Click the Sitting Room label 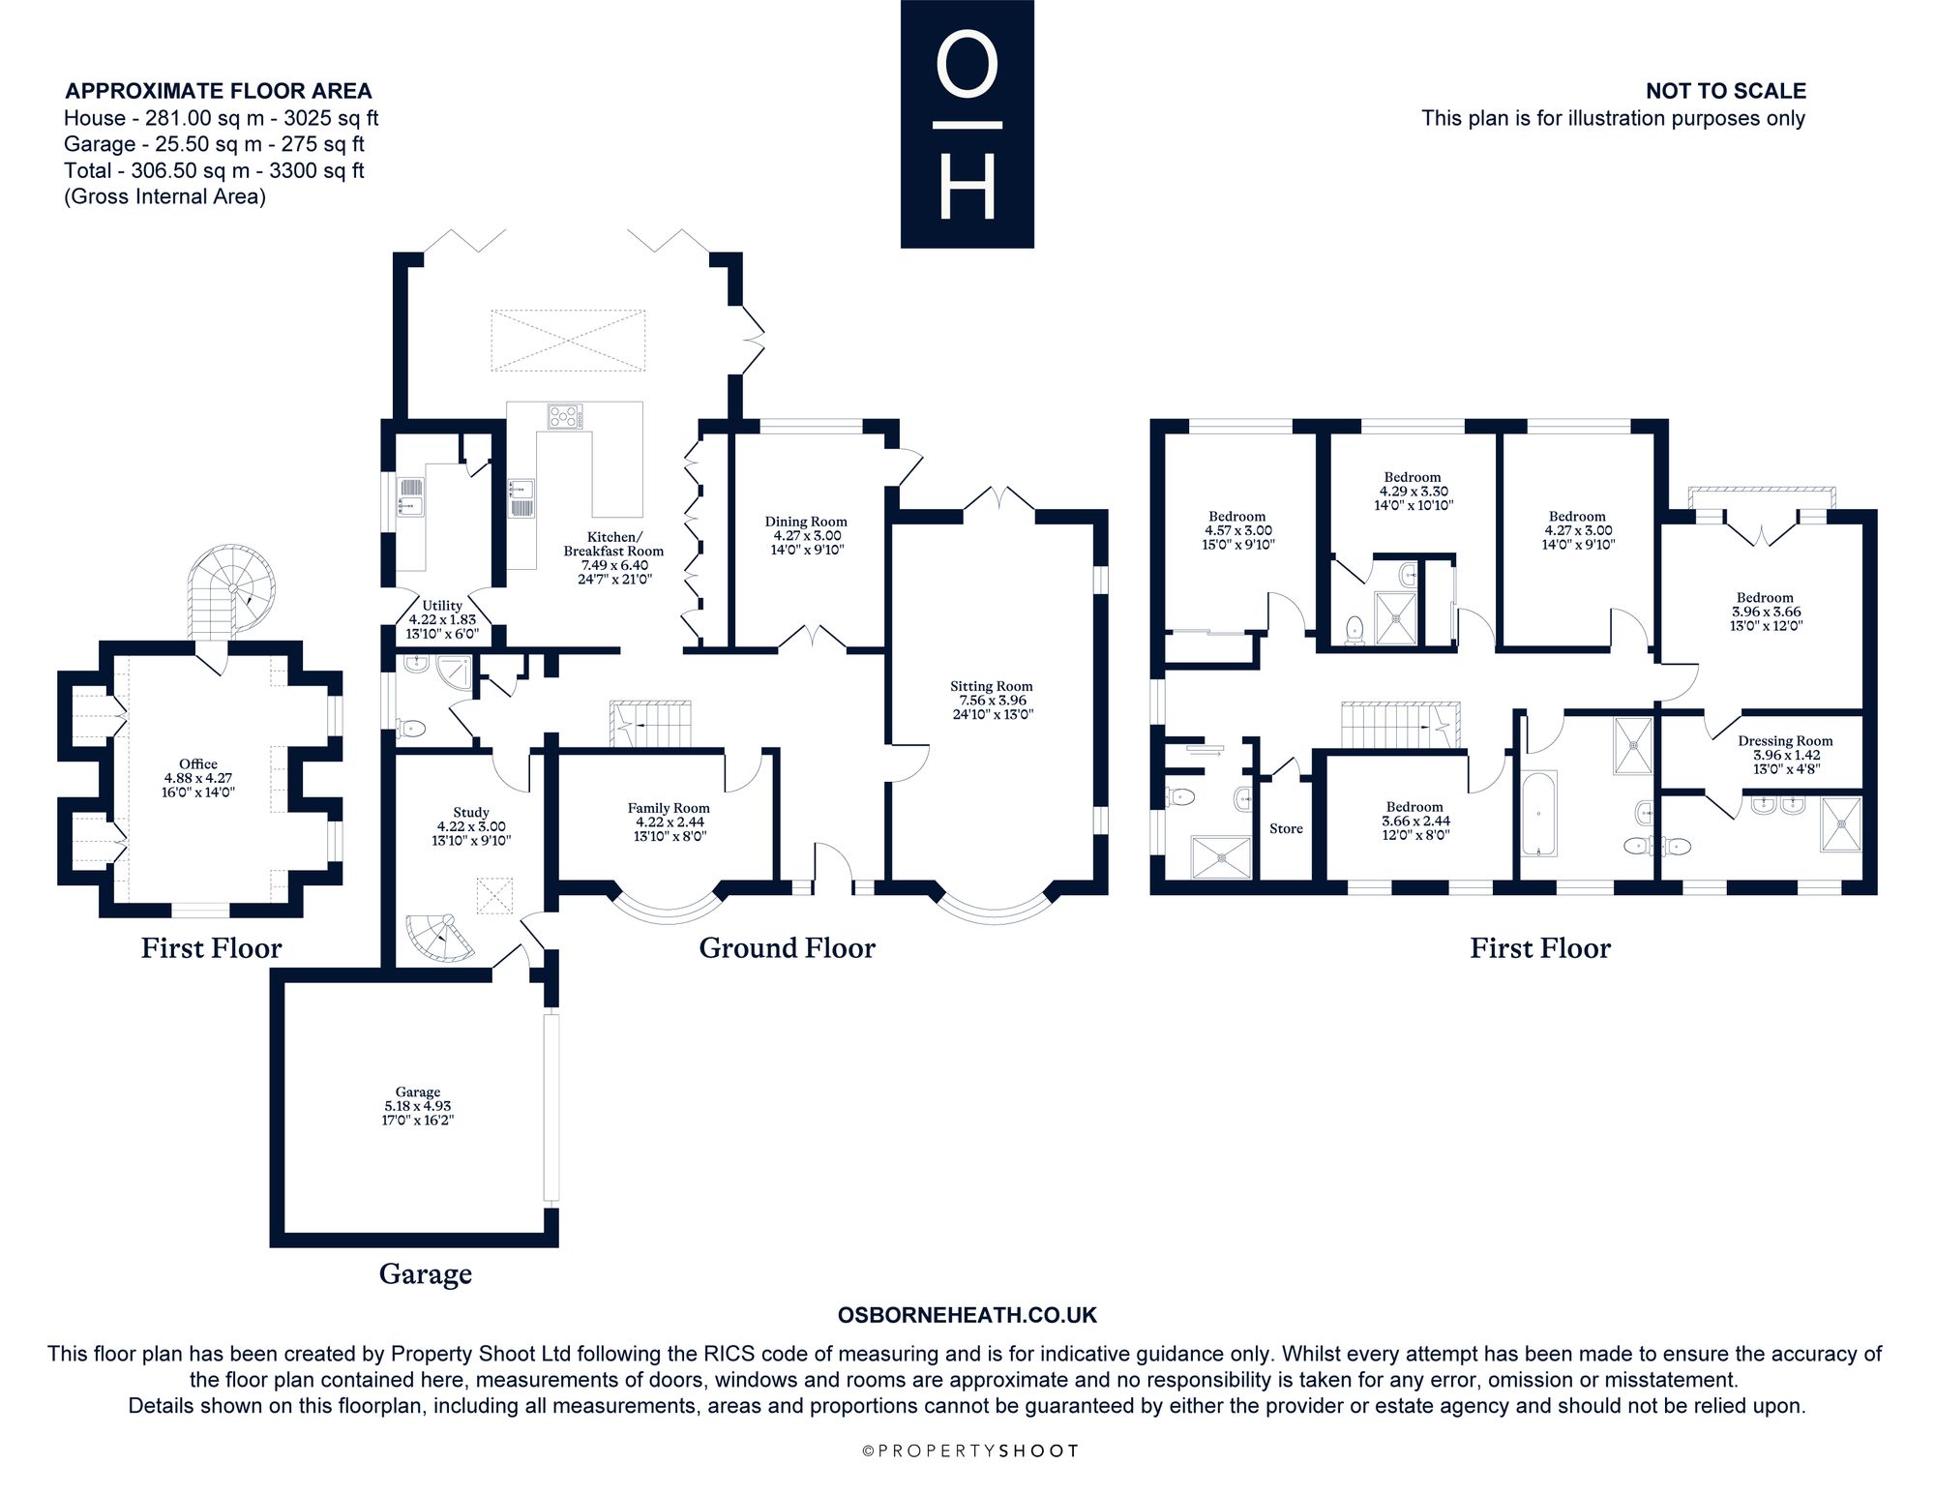[x=991, y=686]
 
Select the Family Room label [x=669, y=808]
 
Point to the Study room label [x=471, y=812]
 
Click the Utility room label [x=442, y=606]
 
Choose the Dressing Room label [x=1785, y=741]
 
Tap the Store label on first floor [x=1286, y=828]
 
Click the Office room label [x=198, y=764]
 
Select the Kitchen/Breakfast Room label [x=613, y=544]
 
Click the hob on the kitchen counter [x=567, y=417]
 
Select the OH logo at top [x=967, y=124]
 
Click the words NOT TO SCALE [x=1726, y=91]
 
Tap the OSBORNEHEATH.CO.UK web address [x=967, y=1315]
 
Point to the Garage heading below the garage [x=426, y=1273]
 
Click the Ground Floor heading [x=787, y=947]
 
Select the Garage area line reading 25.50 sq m [x=214, y=144]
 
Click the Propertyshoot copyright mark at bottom [x=969, y=1450]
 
